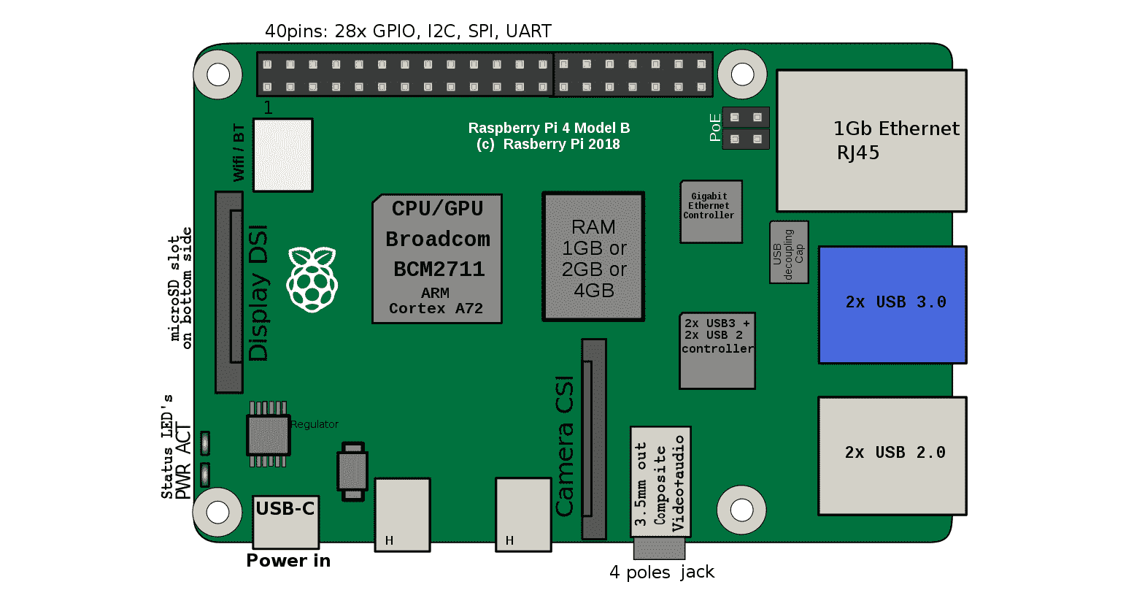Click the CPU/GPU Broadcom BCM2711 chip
click(437, 258)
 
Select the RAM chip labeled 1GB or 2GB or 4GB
click(593, 257)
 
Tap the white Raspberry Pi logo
click(312, 280)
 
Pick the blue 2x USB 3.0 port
click(892, 304)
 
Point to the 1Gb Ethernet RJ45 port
click(871, 141)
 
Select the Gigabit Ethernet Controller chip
click(711, 212)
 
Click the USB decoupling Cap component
click(789, 253)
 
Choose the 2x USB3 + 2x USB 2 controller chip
click(717, 351)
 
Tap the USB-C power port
click(285, 521)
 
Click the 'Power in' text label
click(288, 561)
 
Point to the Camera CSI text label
click(565, 446)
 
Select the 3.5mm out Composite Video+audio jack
click(660, 483)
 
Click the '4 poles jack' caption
click(662, 572)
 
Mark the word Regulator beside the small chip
click(315, 424)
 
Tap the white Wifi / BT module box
click(282, 156)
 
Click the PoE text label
click(715, 128)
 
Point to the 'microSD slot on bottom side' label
click(180, 288)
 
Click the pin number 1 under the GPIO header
click(268, 108)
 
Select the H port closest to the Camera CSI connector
click(523, 514)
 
